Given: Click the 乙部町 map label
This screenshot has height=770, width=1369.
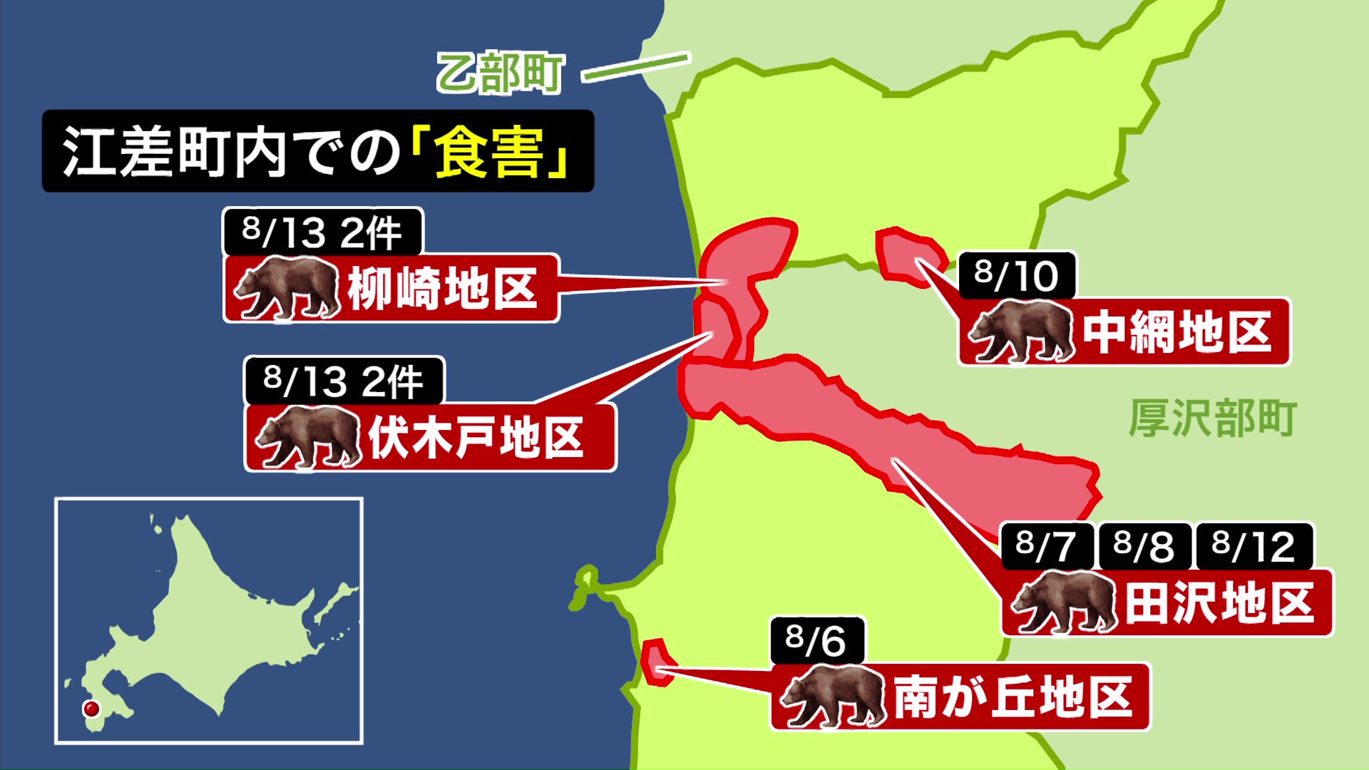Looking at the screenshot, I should (501, 72).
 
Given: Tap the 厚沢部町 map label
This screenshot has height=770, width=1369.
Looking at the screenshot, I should (1212, 418).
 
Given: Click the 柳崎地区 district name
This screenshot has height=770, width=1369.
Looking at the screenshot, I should (442, 289).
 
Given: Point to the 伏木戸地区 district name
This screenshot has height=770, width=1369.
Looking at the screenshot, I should (476, 438).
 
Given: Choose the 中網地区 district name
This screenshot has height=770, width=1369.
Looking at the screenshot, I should (1177, 332).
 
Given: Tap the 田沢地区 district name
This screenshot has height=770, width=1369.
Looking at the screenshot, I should (1220, 603).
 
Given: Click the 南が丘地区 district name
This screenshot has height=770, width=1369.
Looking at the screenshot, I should (1013, 697).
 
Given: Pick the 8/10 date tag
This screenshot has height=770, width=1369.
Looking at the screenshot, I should (1016, 275).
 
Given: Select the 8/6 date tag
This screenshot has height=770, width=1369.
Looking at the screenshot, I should (817, 640).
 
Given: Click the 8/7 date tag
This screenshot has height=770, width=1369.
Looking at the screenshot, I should (1046, 546).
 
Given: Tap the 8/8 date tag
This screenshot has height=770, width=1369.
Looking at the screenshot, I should (1144, 546).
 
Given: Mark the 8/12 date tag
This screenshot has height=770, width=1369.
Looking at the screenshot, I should (1253, 546).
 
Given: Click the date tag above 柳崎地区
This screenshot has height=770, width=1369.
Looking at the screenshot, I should (322, 232).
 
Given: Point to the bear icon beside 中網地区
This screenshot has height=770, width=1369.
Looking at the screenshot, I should (1021, 332).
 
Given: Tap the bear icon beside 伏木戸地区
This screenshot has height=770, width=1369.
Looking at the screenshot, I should (309, 437).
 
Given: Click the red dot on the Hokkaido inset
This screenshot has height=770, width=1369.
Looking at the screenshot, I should (91, 709).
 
